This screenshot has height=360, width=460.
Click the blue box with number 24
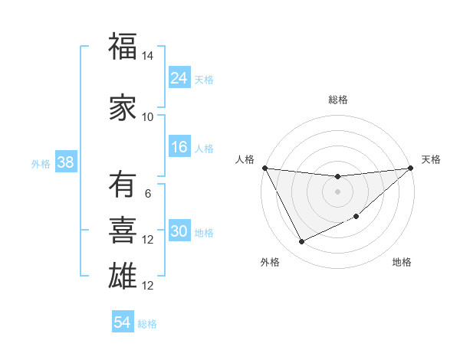[179, 78]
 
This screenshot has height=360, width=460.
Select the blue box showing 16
[179, 148]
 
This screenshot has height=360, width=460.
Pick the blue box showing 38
[65, 162]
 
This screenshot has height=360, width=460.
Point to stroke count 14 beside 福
[148, 57]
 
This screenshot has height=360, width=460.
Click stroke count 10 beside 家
[148, 116]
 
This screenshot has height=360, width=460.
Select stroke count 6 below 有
[148, 194]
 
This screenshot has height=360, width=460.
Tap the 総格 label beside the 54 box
[148, 324]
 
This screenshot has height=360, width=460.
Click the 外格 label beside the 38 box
[41, 163]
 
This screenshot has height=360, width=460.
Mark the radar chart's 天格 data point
[411, 168]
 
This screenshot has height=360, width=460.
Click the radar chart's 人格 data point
[264, 168]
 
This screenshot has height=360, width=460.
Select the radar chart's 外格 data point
[301, 242]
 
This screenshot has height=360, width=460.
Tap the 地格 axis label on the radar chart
[402, 263]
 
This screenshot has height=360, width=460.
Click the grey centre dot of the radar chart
[337, 191]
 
